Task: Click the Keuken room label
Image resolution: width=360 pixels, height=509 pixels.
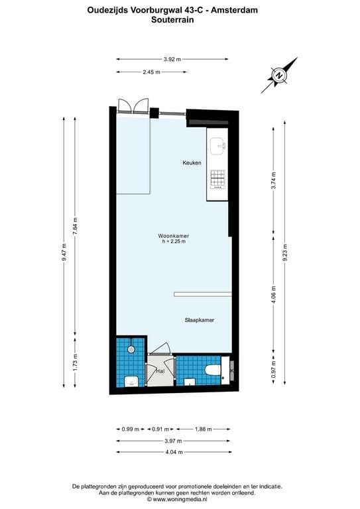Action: point(192,162)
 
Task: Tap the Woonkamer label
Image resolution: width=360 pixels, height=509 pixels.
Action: point(174,236)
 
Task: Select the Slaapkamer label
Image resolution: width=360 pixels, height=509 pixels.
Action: point(200,320)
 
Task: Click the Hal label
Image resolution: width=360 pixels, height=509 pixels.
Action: point(160,370)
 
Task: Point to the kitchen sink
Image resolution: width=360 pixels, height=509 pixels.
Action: point(218,146)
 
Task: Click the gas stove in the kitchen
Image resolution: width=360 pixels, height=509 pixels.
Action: point(218,179)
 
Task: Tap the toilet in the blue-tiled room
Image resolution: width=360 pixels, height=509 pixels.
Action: point(213,369)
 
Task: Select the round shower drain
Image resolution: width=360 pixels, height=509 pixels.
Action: point(131,349)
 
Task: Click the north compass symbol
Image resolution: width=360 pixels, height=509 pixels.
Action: point(279,76)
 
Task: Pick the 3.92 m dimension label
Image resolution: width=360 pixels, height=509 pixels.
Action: point(172,59)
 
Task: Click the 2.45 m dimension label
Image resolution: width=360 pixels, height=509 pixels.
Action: point(151,72)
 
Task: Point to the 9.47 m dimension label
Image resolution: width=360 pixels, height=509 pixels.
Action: point(64,253)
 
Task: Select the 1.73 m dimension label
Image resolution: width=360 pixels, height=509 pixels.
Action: point(76,362)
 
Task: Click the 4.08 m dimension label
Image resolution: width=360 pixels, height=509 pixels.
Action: point(274,294)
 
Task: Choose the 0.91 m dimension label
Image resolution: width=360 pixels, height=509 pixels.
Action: point(160,429)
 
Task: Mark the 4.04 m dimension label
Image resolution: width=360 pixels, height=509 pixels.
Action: point(174,452)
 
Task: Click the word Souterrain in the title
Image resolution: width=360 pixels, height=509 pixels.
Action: point(172,20)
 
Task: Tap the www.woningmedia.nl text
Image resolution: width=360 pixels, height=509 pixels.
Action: point(180,499)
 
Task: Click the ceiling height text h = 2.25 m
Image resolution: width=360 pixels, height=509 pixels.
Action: point(174,241)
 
